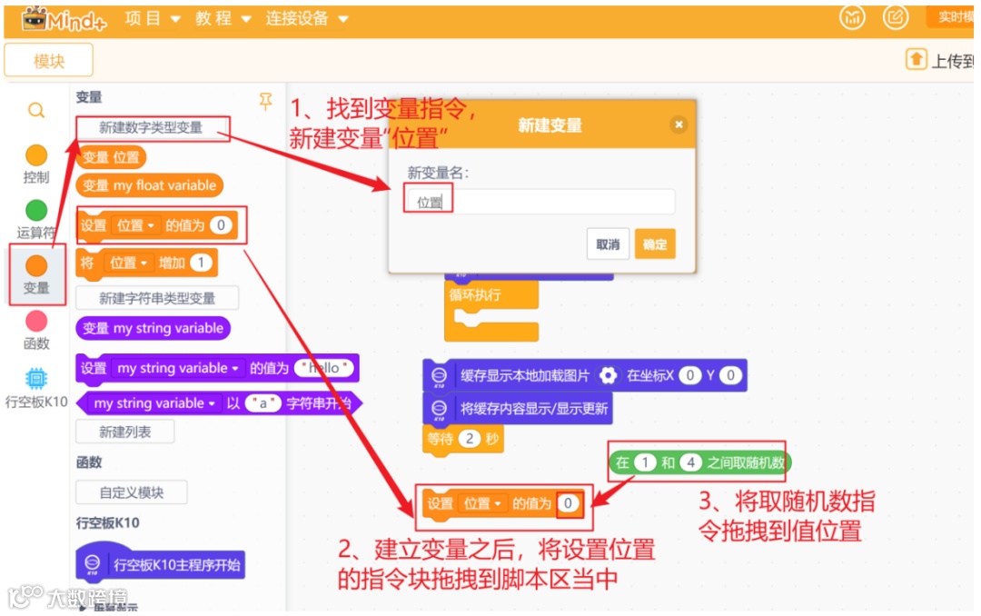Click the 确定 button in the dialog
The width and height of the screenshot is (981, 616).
655,244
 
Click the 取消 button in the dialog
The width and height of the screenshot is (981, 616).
608,244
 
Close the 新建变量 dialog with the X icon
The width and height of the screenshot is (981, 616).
679,124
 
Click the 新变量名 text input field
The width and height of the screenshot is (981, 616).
540,202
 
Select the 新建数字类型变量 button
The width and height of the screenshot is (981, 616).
152,128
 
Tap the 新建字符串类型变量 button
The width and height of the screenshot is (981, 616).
157,298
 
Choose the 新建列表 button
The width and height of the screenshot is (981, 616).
124,432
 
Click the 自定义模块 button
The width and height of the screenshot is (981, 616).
132,492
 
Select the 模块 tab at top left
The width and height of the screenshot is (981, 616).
49,61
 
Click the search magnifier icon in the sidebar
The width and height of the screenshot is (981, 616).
36,111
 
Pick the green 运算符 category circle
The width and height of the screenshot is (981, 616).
36,211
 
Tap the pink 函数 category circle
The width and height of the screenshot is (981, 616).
36,321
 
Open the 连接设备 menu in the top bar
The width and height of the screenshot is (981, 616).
306,19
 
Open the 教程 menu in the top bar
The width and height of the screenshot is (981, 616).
223,19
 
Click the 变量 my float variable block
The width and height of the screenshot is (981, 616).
150,185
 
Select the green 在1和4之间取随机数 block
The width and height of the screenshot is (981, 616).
699,462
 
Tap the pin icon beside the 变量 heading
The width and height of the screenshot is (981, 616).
265,101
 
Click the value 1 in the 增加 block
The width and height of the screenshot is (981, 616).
201,263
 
